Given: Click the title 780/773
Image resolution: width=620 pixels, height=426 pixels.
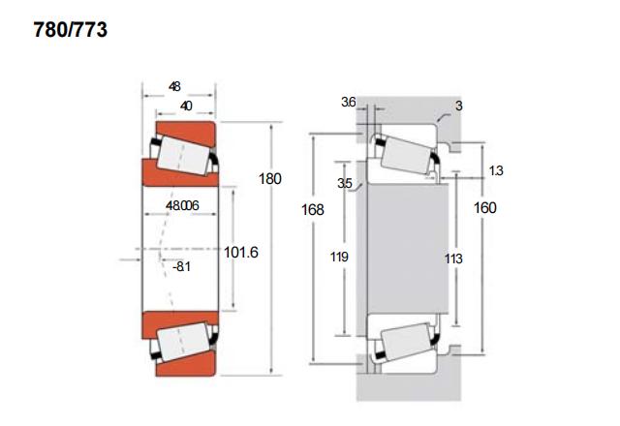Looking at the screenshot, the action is pos(71,30).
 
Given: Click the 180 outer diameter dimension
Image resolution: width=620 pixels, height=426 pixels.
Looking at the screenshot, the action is pos(270,178).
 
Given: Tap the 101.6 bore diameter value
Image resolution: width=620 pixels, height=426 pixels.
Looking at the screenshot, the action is pos(241,252).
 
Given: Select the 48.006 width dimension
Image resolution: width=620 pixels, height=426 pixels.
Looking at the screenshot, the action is pos(182,205).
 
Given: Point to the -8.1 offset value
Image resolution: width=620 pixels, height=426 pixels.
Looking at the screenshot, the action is pos(181,267).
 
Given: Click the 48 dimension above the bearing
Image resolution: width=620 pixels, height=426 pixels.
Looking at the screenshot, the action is pos(174,86).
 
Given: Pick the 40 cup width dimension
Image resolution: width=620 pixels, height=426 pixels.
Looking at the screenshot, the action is pos(186,106).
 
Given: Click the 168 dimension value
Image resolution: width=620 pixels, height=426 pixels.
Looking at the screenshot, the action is pos(312,209).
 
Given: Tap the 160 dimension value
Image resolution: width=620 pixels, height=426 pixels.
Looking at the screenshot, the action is pos(484,207).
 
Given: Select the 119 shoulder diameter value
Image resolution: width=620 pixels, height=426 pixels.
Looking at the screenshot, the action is pos(339,257).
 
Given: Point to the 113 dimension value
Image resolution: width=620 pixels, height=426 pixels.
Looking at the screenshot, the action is pos(453,259).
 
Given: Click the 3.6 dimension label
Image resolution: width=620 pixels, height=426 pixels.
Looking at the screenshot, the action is pos(349,102).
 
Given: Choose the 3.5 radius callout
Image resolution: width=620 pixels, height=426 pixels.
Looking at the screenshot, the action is pos(345,183).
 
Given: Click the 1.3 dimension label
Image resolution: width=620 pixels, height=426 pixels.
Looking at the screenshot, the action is pos(496,170).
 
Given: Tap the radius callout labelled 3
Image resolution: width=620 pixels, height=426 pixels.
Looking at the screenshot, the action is pos(458,106).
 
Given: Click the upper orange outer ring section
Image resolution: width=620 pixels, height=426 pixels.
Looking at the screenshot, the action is pos(186,133).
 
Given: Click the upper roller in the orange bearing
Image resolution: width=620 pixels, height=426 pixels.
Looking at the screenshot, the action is pos(183,155).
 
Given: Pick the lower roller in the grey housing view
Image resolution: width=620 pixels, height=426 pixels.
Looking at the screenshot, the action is pos(406,342).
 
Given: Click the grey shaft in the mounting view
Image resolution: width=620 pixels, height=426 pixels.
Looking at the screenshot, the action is pos(408,249).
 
